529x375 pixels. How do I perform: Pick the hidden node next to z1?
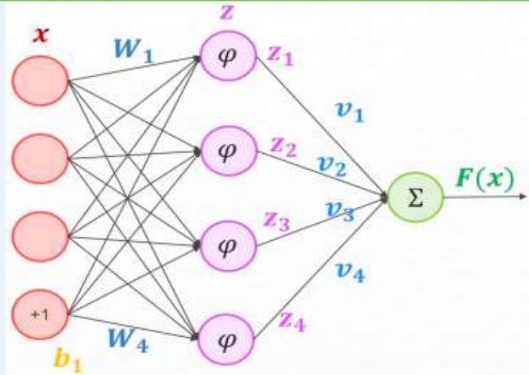pos(226,56)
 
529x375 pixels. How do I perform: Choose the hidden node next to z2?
pos(226,150)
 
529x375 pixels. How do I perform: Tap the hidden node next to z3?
pos(226,243)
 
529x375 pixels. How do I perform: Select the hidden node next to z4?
pos(226,337)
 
